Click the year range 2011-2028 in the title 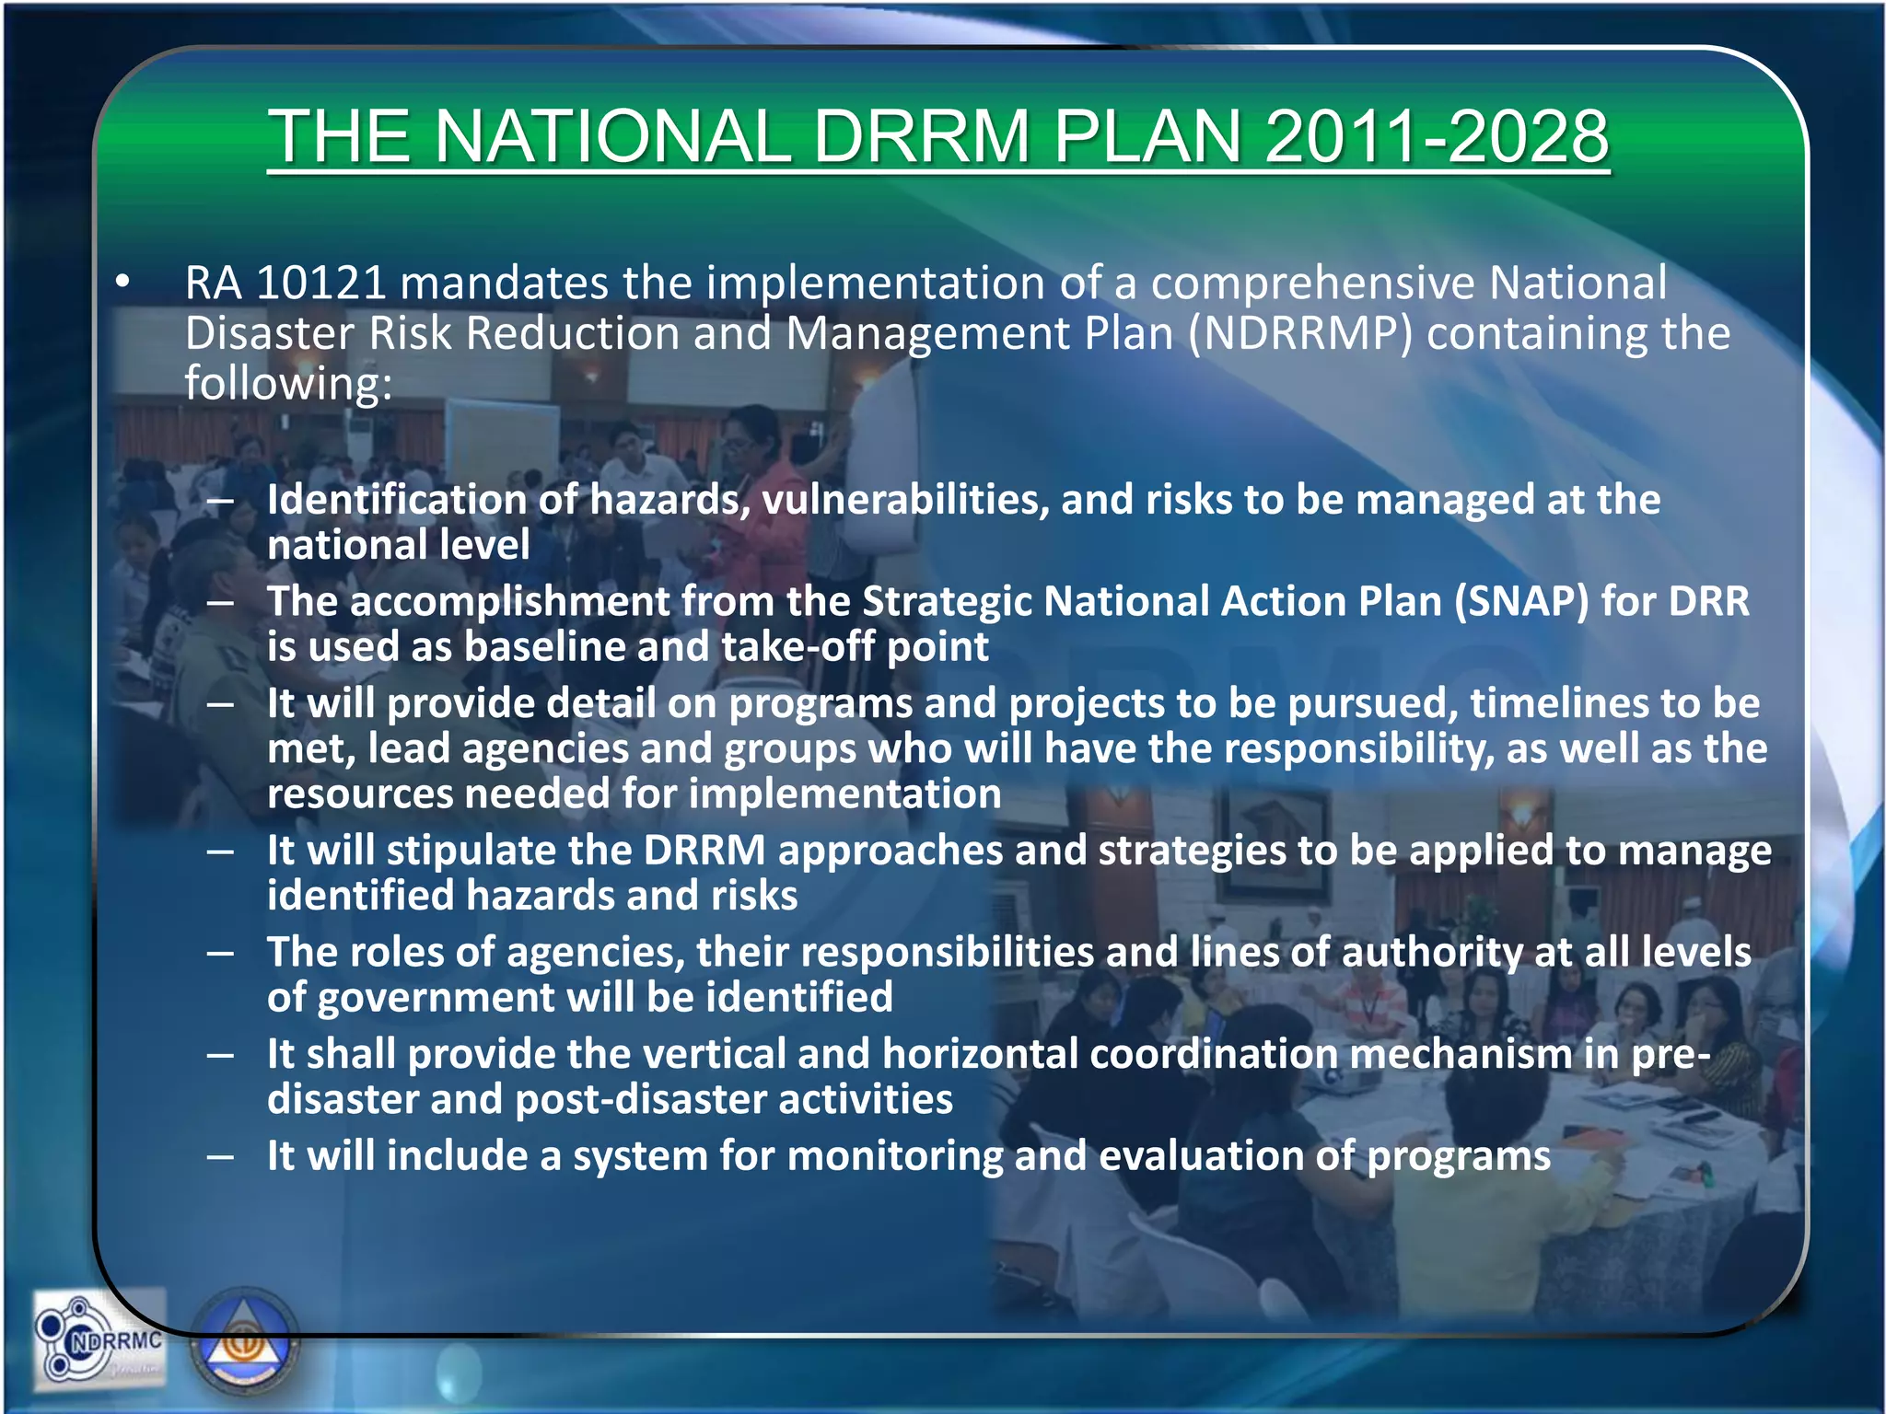click(1437, 136)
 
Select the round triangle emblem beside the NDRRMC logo click(245, 1343)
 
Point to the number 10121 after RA click(320, 283)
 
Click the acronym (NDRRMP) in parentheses click(1299, 333)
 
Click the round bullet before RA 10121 click(122, 283)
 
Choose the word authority click(1431, 952)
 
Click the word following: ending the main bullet click(288, 384)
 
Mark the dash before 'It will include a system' click(220, 1156)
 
